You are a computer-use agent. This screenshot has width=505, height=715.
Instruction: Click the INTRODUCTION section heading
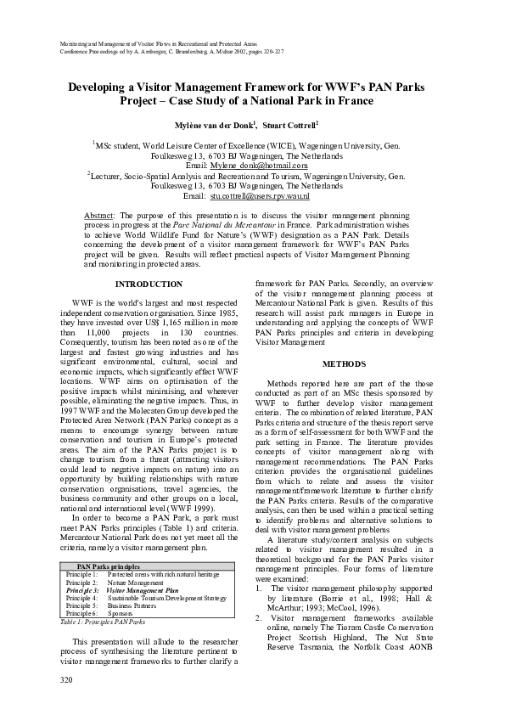click(149, 284)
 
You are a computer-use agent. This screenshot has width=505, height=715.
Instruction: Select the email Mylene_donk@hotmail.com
click(255, 166)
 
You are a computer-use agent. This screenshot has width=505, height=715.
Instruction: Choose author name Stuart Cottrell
click(289, 125)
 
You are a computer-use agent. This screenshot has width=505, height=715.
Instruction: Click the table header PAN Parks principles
click(108, 566)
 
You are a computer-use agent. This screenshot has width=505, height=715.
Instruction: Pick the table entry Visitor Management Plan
click(143, 589)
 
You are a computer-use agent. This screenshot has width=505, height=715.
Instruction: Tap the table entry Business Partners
click(136, 605)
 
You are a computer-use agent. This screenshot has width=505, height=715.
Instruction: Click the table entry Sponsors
click(121, 613)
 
